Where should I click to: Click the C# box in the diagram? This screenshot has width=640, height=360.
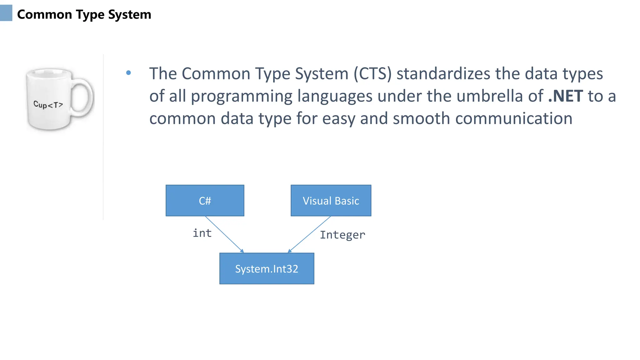tap(205, 200)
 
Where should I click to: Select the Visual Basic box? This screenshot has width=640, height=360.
tap(331, 200)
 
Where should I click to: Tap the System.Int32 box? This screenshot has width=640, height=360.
tap(267, 268)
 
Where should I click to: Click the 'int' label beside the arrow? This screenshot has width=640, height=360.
tap(202, 233)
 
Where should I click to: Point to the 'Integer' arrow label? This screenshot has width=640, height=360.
tap(342, 235)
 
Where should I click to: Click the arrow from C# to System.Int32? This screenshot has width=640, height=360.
tap(224, 234)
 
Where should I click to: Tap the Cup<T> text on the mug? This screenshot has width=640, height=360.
tap(48, 105)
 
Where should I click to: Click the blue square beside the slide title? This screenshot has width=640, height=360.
tap(6, 13)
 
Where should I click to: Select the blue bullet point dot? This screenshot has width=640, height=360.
tap(128, 73)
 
